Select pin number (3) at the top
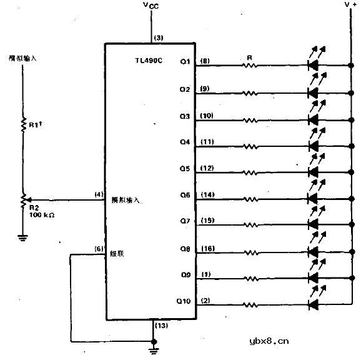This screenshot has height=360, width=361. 159,38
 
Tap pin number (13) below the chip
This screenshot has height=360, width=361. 160,327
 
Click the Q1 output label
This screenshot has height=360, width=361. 185,61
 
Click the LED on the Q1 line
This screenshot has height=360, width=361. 314,65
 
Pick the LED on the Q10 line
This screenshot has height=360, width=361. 314,306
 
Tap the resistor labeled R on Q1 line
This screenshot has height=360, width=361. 250,65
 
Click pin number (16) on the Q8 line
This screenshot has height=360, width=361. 208,248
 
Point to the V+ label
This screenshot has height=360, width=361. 350,5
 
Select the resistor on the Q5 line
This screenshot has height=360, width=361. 250,172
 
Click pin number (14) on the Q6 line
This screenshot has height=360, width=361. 208,195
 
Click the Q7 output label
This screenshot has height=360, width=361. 185,222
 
